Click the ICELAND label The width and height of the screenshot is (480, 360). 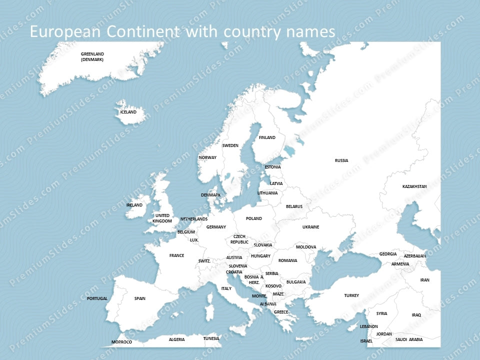[128, 112]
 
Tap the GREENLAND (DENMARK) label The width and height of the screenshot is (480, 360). [92, 56]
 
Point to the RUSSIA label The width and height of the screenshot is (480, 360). [341, 160]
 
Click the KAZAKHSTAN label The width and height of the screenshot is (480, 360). [414, 186]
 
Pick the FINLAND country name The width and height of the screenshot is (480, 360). [267, 137]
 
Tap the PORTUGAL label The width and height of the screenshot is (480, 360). [97, 298]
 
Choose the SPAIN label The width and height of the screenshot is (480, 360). [140, 298]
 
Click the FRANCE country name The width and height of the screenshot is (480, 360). [176, 255]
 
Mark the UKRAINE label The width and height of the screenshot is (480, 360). [310, 227]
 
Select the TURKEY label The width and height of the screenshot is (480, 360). [351, 295]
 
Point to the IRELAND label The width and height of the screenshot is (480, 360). [134, 205]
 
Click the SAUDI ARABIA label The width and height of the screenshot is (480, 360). [409, 339]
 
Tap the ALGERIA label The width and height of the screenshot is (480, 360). [176, 339]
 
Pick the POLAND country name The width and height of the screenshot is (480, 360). [254, 218]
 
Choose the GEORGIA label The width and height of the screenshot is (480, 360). [388, 254]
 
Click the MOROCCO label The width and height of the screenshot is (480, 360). [122, 342]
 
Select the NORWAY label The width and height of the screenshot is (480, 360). [208, 157]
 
